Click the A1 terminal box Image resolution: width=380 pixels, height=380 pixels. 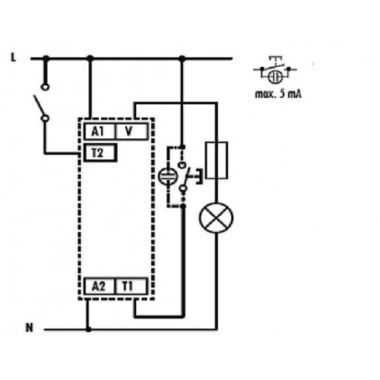[100, 131]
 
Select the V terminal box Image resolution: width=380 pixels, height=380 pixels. [131, 131]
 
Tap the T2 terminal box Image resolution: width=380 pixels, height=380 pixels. [100, 153]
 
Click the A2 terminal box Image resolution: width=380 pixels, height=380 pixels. [100, 287]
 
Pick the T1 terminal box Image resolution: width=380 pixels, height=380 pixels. [131, 287]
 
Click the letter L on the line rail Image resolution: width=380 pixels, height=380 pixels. [14, 58]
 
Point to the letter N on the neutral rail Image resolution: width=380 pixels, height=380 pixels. [30, 328]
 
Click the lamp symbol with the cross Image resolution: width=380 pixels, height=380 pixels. [216, 218]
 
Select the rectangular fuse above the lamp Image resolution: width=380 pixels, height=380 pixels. [217, 160]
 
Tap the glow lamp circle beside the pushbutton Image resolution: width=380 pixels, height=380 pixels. [168, 176]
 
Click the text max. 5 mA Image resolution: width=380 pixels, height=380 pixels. [278, 94]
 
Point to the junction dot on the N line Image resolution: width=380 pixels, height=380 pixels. [88, 329]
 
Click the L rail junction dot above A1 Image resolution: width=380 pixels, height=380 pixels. [90, 59]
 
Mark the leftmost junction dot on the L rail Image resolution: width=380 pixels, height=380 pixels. [46, 59]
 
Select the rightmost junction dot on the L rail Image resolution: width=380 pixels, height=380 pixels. [182, 59]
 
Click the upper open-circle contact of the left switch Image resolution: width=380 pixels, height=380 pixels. [45, 87]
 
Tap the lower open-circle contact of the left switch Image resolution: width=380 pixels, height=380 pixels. [45, 118]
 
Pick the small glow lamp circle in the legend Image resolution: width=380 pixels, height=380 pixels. [275, 77]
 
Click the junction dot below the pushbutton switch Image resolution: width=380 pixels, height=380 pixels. [183, 206]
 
